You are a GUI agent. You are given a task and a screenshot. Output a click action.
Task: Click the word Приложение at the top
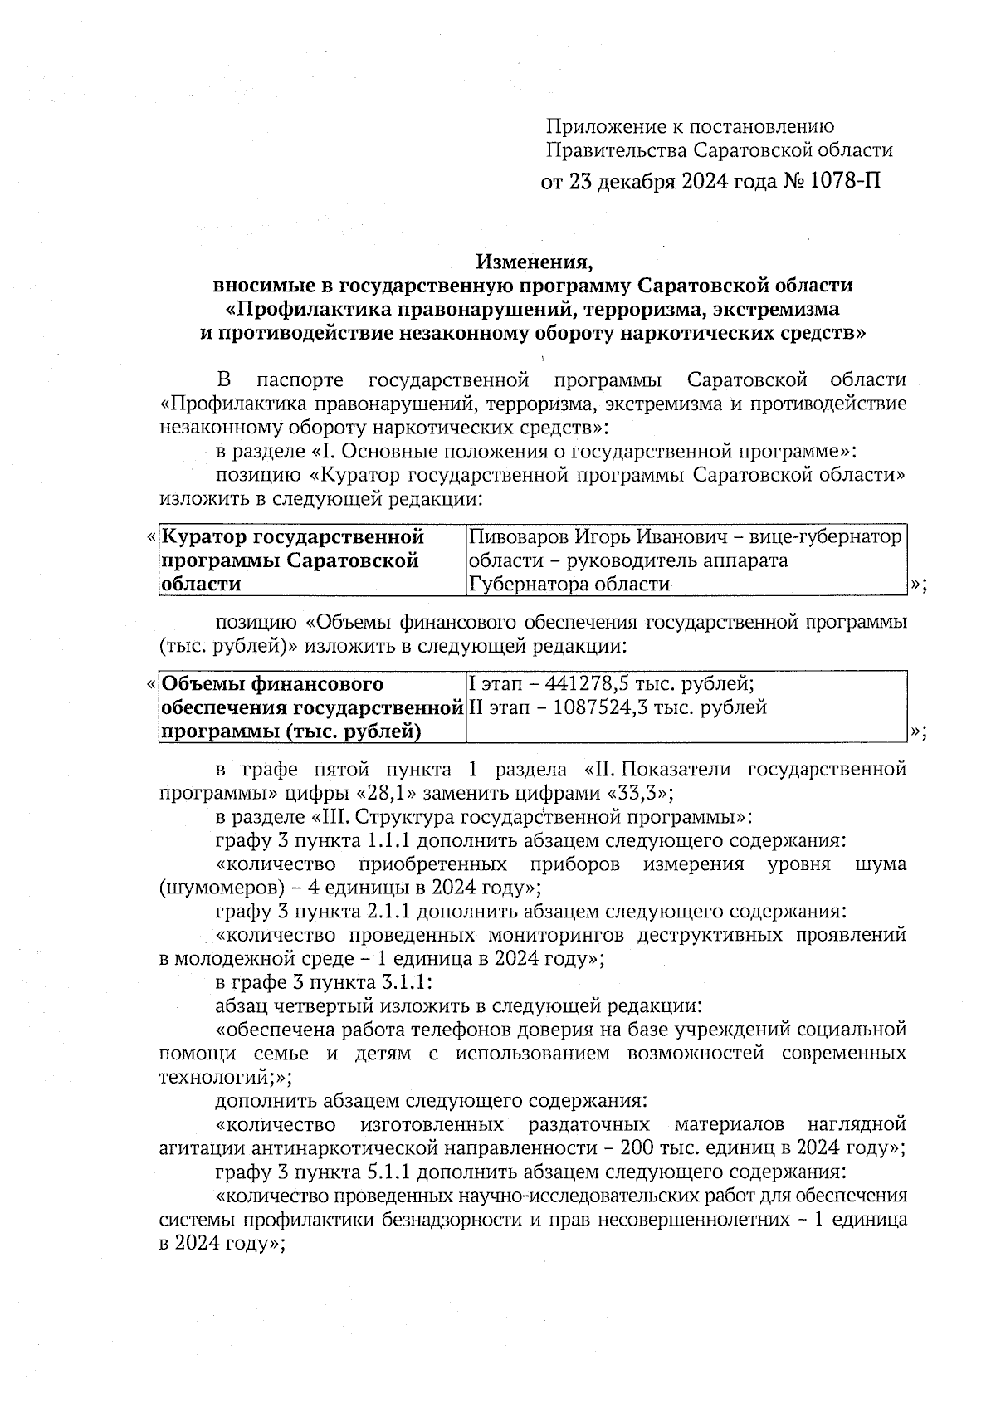pyautogui.click(x=598, y=126)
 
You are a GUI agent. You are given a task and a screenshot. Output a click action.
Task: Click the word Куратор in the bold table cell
pyautogui.click(x=204, y=537)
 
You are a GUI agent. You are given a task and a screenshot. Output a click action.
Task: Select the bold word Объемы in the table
pyautogui.click(x=199, y=684)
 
